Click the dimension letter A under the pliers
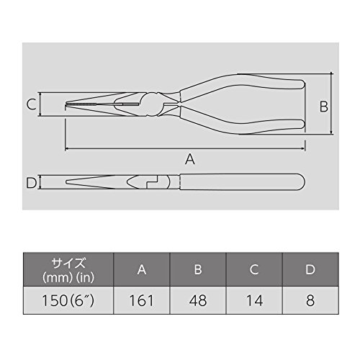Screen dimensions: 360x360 [x=190, y=159]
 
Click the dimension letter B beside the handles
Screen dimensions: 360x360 [x=324, y=107]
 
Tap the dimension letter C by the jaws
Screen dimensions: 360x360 [x=32, y=104]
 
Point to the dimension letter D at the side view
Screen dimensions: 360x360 [x=31, y=183]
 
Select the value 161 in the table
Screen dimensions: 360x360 [x=142, y=300]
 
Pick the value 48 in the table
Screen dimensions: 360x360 [x=198, y=300]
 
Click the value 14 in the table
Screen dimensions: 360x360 [x=254, y=300]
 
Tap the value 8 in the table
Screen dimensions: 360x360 [x=310, y=300]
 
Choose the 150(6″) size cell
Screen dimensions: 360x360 [x=68, y=300]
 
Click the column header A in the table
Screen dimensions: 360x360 [x=142, y=269]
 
